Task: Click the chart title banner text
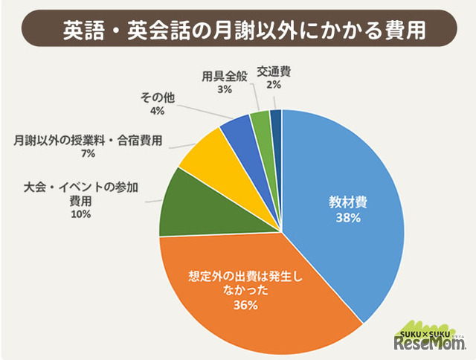tap(237, 29)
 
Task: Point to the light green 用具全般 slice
tap(260, 120)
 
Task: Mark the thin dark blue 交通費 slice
tap(275, 119)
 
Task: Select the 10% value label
tap(80, 214)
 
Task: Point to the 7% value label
tap(88, 153)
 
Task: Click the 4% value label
tap(157, 111)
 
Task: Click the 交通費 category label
tap(274, 72)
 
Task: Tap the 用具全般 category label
tap(225, 76)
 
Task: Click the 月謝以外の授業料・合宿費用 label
tap(88, 140)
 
